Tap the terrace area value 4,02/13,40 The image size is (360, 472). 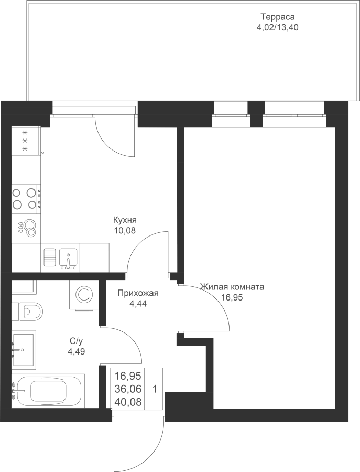(277, 28)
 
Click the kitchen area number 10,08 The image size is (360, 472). (125, 231)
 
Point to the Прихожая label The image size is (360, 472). (138, 293)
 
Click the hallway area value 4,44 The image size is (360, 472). (138, 304)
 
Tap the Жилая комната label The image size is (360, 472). (232, 287)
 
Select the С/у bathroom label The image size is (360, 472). (76, 341)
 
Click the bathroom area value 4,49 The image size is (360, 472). (77, 351)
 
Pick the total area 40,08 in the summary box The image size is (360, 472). (128, 402)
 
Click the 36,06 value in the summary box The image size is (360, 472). (128, 389)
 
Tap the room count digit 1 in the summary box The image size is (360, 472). (155, 389)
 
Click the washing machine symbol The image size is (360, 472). (84, 295)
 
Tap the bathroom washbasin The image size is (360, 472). (24, 349)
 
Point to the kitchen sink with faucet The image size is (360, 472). (69, 259)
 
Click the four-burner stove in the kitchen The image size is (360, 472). (26, 199)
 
